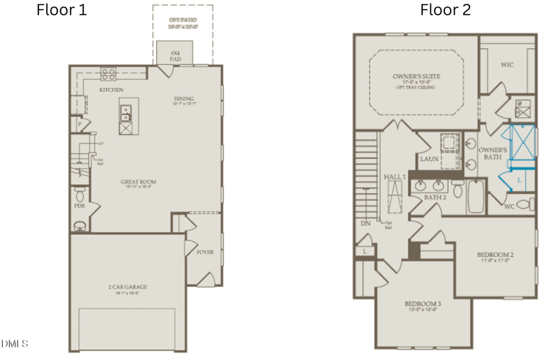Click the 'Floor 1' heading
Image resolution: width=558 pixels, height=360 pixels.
click(61, 10)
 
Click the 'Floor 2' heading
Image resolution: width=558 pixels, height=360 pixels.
click(444, 10)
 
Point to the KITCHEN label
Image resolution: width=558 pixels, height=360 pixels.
click(112, 91)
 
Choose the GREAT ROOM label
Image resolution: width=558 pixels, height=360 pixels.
click(137, 182)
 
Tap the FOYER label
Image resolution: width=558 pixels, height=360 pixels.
click(205, 253)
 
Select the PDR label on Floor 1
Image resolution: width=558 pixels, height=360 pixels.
click(80, 207)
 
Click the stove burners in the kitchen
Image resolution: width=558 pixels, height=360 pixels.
click(109, 73)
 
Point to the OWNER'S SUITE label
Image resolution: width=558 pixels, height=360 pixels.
click(415, 76)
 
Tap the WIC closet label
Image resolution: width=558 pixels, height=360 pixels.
click(507, 64)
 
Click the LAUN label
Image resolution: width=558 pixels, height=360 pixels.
click(428, 158)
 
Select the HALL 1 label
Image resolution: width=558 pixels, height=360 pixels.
click(395, 177)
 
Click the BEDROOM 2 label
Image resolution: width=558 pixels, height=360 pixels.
click(495, 255)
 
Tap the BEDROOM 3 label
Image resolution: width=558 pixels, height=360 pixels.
click(423, 304)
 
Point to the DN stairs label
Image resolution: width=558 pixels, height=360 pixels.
click(364, 224)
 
